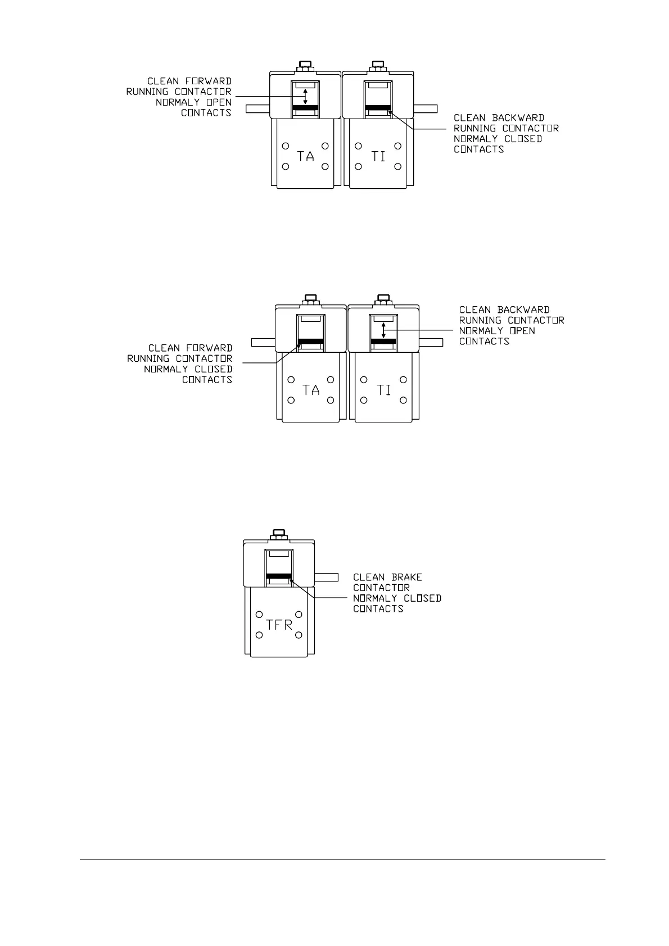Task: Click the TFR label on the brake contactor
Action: pyautogui.click(x=279, y=624)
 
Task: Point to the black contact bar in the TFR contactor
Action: pyautogui.click(x=279, y=576)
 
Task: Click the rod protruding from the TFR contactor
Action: pyautogui.click(x=326, y=576)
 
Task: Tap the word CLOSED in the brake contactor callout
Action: pyautogui.click(x=422, y=598)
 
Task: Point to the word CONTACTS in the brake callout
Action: pyautogui.click(x=378, y=609)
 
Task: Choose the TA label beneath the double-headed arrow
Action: pyautogui.click(x=305, y=156)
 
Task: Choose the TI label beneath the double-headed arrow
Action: pyautogui.click(x=383, y=389)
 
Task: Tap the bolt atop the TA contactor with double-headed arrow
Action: pyautogui.click(x=305, y=66)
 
